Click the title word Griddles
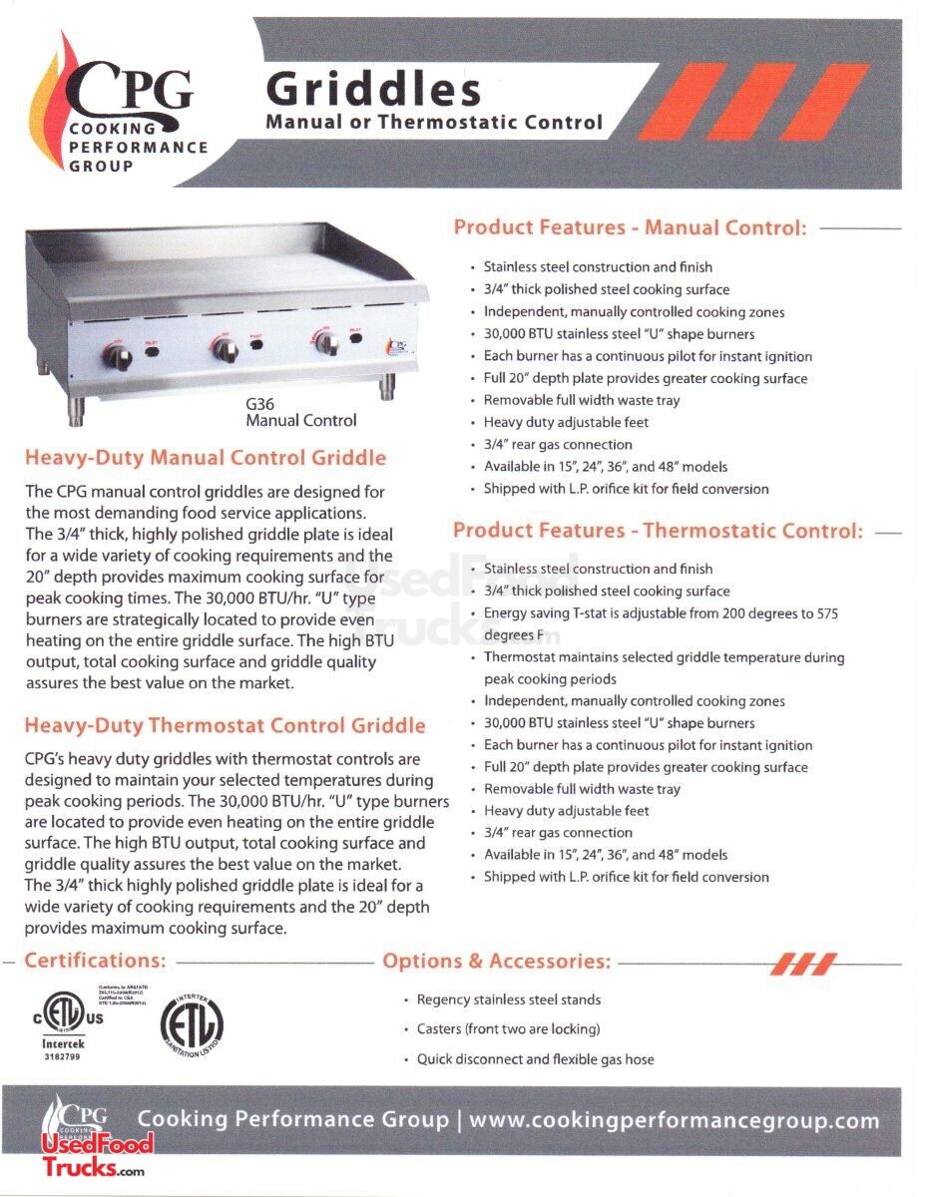coord(373,90)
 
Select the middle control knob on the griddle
coord(223,349)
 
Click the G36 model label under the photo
coord(260,404)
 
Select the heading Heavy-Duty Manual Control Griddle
coord(205,459)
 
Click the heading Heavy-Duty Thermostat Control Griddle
coord(225,726)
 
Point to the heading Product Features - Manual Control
coord(630,227)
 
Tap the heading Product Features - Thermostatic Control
coord(658,531)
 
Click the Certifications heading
coord(95,961)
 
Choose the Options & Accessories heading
coord(496,962)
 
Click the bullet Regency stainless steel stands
coord(508,999)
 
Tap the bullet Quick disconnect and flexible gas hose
coord(535,1059)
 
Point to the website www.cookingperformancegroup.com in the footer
coord(674,1120)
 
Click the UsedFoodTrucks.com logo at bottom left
coord(96,1157)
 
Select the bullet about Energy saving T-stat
coord(661,613)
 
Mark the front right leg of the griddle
coord(384,391)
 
